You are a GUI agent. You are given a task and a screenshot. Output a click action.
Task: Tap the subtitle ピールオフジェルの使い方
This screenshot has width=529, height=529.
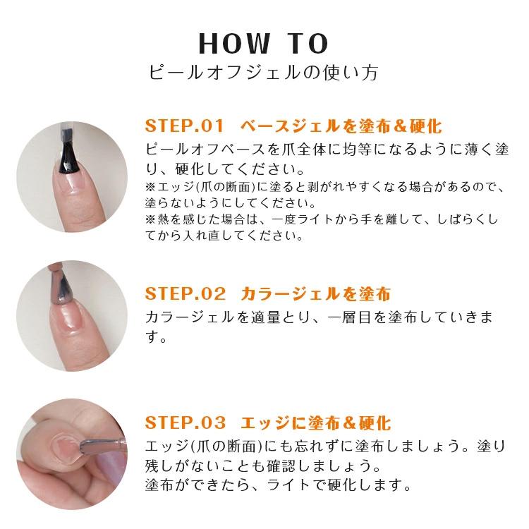[x=264, y=73]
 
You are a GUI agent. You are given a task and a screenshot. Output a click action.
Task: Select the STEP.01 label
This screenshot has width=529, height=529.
[x=184, y=126]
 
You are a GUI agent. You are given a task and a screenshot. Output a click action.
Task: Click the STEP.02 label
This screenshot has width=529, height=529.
[x=185, y=293]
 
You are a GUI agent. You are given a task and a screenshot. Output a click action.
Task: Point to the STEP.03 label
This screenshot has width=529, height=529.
[x=186, y=423]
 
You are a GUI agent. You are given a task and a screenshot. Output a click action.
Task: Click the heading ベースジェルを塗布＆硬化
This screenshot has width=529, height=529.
[x=341, y=126]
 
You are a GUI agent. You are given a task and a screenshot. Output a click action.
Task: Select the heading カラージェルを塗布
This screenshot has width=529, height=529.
[x=315, y=293]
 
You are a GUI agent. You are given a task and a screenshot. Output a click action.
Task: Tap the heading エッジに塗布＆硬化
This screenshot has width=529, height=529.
[x=315, y=423]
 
